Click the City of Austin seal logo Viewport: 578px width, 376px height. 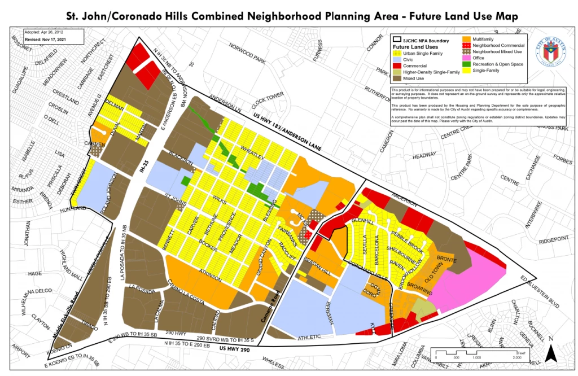pos(549,54)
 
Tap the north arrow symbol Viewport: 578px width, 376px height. pos(554,353)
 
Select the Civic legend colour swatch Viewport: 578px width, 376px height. pos(397,59)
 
